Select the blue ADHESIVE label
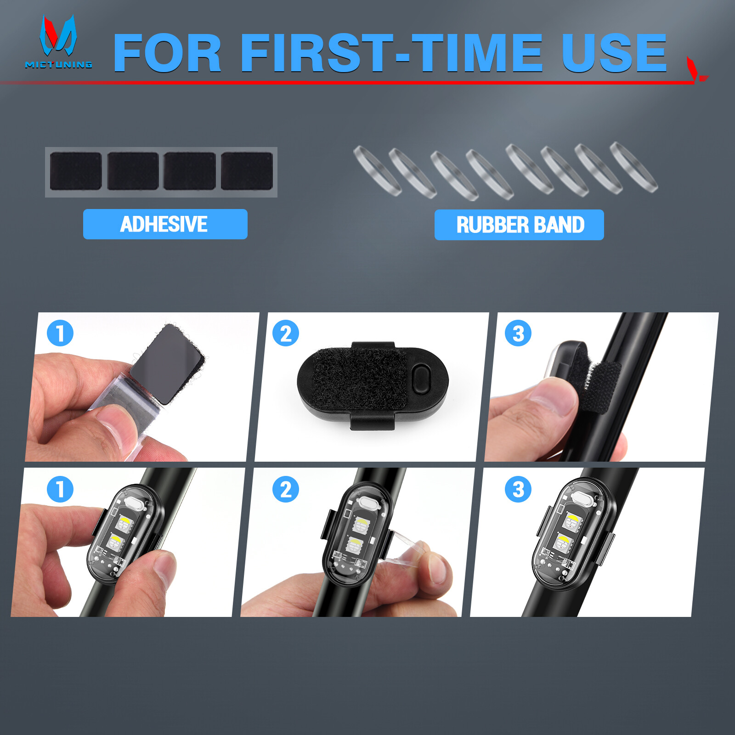point(165,224)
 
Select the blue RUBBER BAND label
point(519,225)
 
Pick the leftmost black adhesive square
point(76,171)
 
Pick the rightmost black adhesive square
point(247,171)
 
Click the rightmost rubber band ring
point(634,167)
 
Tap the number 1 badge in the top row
point(60,333)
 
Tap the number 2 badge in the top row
point(286,333)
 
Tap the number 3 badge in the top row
point(518,333)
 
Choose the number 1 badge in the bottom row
point(60,489)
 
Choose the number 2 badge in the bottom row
point(286,489)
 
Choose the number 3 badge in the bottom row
point(518,489)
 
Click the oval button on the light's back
point(421,379)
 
